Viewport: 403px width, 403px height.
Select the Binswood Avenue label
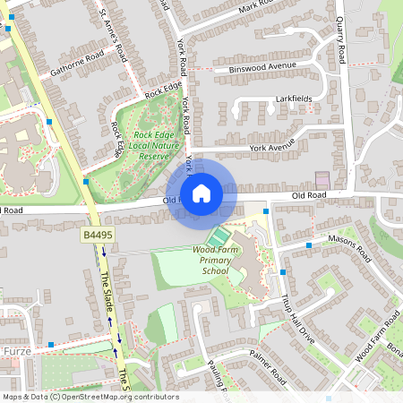[x=262, y=66]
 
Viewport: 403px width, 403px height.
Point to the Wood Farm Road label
[x=376, y=341]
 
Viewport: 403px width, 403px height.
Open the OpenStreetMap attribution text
[x=90, y=397]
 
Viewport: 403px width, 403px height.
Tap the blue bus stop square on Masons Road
[x=308, y=244]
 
